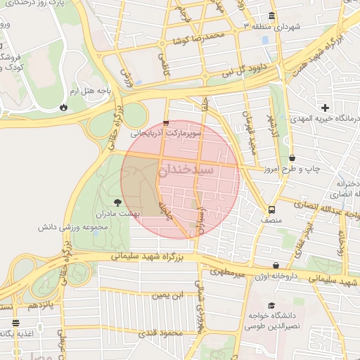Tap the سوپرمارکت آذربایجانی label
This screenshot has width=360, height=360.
pyautogui.click(x=165, y=132)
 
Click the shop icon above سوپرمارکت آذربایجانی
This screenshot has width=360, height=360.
pyautogui.click(x=165, y=122)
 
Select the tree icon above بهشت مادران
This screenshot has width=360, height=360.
pyautogui.click(x=127, y=202)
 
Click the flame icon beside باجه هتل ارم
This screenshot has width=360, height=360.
pyautogui.click(x=63, y=108)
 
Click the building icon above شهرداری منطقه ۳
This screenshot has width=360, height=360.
pyautogui.click(x=272, y=16)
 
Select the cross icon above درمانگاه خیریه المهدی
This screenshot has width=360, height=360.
pyautogui.click(x=325, y=108)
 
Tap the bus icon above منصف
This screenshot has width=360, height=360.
pyautogui.click(x=271, y=209)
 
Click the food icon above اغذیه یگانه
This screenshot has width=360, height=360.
pyautogui.click(x=15, y=324)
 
